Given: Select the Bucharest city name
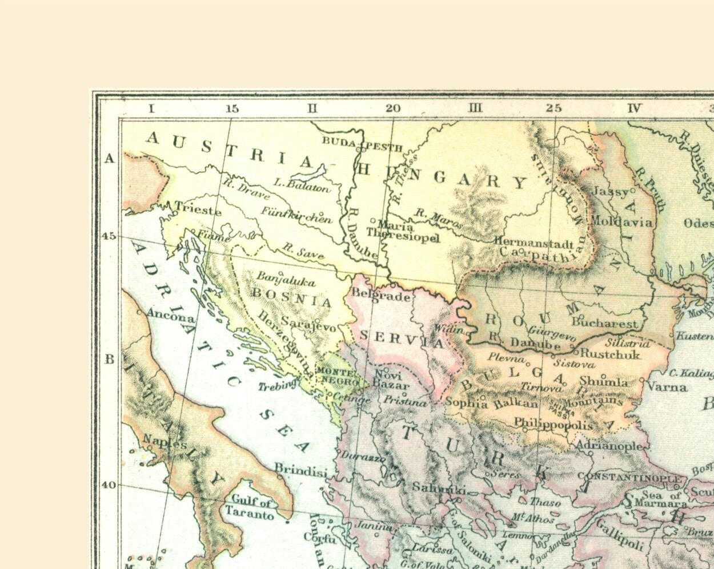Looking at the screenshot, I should pyautogui.click(x=604, y=323).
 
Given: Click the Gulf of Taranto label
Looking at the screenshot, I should pyautogui.click(x=250, y=509).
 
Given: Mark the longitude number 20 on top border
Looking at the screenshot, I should pyautogui.click(x=393, y=108).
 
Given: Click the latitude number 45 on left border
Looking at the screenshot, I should pyautogui.click(x=109, y=236).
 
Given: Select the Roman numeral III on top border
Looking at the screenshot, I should pyautogui.click(x=475, y=108).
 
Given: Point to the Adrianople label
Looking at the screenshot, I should pyautogui.click(x=610, y=445).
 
